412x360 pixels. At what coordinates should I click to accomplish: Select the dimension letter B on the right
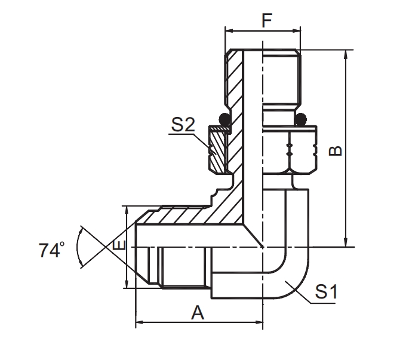[x=336, y=149]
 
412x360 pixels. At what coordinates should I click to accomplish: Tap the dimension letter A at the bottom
[x=198, y=312]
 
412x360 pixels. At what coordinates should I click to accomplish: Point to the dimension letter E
[x=119, y=246]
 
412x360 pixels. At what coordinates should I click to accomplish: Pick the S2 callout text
[x=183, y=125]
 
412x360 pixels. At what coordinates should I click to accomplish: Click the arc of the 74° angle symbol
[x=79, y=247]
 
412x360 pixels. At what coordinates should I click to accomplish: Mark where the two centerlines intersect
[x=262, y=247]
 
